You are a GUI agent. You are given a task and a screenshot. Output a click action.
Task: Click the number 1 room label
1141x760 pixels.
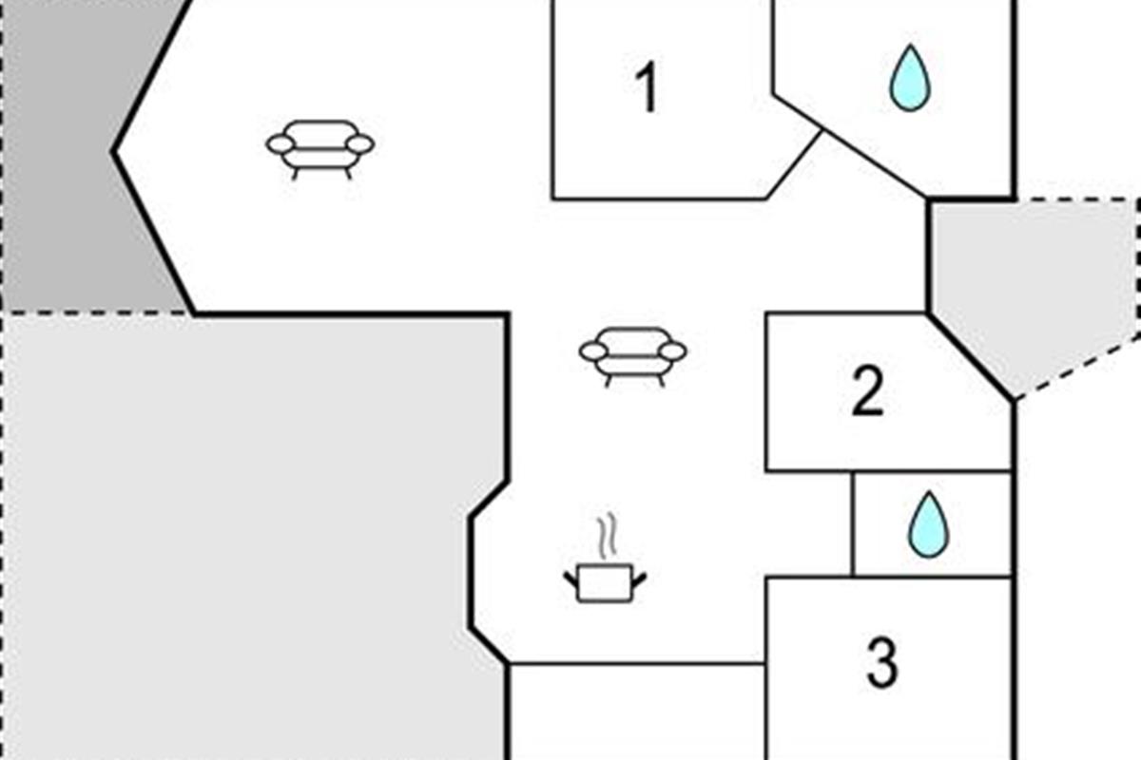[x=648, y=86]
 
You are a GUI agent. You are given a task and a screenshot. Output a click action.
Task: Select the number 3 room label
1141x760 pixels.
[x=882, y=662]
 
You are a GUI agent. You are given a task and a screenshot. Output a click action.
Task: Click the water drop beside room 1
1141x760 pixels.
[x=910, y=78]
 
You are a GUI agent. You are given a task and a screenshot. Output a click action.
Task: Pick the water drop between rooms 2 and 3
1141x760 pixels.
[x=929, y=523]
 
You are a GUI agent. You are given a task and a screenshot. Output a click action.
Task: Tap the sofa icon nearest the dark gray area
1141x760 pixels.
[x=319, y=148]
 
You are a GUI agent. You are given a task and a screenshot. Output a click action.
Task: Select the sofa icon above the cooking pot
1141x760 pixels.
[x=632, y=356]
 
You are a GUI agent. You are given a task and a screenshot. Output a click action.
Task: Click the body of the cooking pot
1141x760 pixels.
[x=605, y=583]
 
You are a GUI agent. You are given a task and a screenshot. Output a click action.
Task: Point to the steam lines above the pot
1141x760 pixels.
[x=608, y=536]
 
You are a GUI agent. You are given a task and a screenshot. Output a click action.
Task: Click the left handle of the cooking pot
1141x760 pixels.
[x=571, y=579]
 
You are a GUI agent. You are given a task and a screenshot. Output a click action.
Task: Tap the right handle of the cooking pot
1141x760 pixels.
[x=639, y=579]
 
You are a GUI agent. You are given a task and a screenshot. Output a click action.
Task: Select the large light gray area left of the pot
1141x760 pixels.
[x=244, y=535]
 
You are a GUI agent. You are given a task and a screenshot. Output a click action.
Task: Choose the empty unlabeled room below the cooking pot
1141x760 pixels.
[x=637, y=712]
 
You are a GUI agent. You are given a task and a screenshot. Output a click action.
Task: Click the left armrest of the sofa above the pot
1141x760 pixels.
[x=593, y=351]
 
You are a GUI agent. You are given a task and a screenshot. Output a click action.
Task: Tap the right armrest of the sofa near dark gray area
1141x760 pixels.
[x=360, y=144]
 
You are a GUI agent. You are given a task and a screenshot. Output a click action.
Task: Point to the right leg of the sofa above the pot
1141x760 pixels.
[x=661, y=381]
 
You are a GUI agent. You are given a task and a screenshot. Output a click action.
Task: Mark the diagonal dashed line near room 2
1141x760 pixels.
[x=1078, y=366]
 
